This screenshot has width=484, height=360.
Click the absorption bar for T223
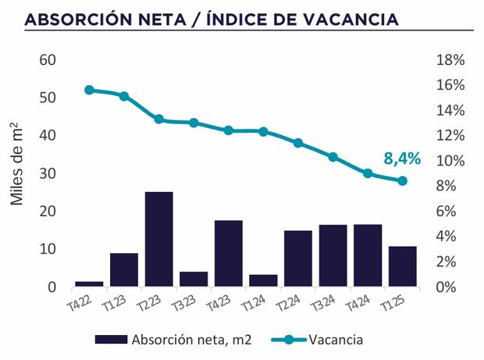158,239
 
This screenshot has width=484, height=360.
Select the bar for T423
228,254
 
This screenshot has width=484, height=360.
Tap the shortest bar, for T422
89,284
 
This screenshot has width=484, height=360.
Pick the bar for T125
402,266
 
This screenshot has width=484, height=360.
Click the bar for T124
263,280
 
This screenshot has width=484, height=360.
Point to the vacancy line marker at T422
89,90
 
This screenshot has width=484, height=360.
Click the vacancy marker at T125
402,181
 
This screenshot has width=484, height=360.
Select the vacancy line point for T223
158,119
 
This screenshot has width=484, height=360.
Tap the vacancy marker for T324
333,157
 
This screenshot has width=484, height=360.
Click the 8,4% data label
402,159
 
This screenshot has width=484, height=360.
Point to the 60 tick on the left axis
47,60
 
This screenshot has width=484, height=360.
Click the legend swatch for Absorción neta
111,340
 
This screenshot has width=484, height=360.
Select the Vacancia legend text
336,340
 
